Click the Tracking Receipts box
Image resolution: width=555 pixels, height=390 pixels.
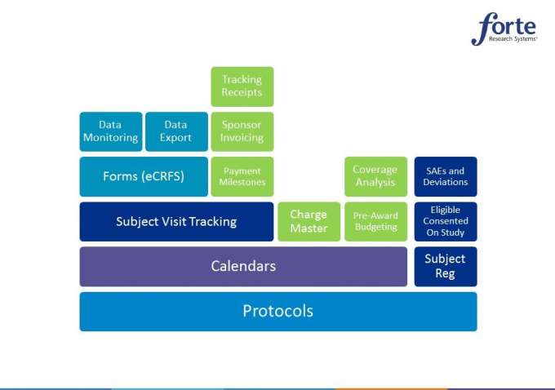click(x=242, y=86)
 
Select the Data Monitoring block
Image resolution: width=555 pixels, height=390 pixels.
click(x=111, y=131)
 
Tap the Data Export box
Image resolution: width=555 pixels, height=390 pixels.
click(x=176, y=131)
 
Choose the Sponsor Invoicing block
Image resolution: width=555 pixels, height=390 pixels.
click(x=242, y=131)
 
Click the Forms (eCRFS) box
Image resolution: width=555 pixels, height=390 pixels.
click(x=144, y=176)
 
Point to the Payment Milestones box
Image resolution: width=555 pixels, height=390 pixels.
click(x=242, y=176)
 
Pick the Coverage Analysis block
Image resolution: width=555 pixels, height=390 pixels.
click(x=376, y=176)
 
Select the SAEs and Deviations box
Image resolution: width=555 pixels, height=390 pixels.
click(x=446, y=176)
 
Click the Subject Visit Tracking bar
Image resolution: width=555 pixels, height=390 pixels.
click(x=176, y=222)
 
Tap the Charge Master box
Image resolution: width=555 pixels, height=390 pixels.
click(x=309, y=222)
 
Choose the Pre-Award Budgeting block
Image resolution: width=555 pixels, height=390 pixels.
click(x=376, y=222)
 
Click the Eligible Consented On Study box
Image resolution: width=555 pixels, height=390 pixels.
click(x=446, y=222)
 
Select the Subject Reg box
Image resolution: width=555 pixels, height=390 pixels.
click(x=446, y=267)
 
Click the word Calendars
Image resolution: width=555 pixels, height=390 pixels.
click(x=243, y=266)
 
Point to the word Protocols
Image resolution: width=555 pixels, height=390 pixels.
click(x=277, y=311)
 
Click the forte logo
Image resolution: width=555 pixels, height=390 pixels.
click(x=504, y=29)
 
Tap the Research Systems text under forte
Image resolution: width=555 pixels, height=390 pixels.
click(x=513, y=38)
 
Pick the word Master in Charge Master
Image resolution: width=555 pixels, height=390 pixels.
click(x=309, y=228)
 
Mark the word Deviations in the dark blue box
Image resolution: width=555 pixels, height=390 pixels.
click(x=446, y=182)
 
